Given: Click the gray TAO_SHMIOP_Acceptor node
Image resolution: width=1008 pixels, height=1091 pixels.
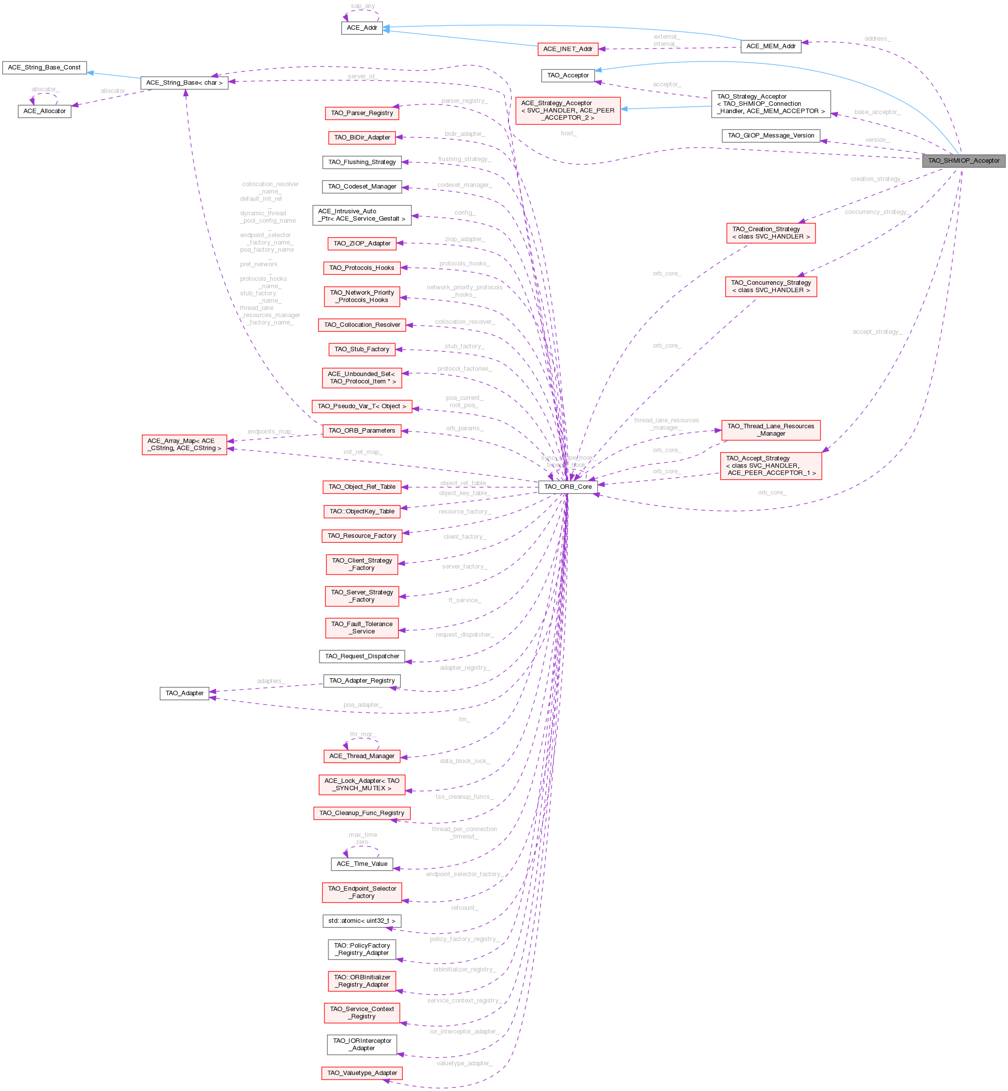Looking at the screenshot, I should (963, 160).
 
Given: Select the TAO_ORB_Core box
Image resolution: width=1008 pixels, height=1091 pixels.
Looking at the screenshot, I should (568, 487).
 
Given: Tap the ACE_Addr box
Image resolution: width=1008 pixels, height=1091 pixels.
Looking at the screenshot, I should (362, 28).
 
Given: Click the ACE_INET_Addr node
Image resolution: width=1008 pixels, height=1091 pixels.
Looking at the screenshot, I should (567, 49).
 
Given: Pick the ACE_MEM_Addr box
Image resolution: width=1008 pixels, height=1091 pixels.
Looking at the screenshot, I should (770, 46).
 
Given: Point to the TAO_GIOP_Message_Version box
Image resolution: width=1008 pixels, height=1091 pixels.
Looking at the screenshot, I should (770, 136).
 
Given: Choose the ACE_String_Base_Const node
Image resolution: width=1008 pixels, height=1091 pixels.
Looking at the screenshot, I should (44, 67).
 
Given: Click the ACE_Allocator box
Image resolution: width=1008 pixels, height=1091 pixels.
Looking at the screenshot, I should (44, 111).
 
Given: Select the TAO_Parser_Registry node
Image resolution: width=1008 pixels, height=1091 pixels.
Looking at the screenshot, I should (362, 113).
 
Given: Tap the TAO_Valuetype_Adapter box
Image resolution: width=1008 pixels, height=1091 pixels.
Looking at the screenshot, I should (362, 1073).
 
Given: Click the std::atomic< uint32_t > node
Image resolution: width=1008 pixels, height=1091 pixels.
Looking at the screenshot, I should (362, 921).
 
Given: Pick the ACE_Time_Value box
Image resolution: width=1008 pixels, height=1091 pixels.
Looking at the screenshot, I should (362, 864).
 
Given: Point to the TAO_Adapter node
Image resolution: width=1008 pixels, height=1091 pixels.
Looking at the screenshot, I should (185, 693).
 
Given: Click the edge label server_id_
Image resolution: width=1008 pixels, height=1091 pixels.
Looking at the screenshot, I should (361, 76).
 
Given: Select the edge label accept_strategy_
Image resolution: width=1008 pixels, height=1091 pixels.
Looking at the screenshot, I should (877, 331).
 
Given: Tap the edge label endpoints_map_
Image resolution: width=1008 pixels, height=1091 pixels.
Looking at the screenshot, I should (270, 432).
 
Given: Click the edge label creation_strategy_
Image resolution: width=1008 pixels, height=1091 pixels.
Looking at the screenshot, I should (877, 179).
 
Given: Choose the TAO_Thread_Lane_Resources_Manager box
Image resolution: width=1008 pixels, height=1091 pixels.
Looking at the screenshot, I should (770, 430).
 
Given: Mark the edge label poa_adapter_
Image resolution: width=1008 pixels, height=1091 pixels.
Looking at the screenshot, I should (363, 705).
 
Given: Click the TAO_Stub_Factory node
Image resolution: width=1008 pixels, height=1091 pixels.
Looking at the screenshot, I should (362, 349).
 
